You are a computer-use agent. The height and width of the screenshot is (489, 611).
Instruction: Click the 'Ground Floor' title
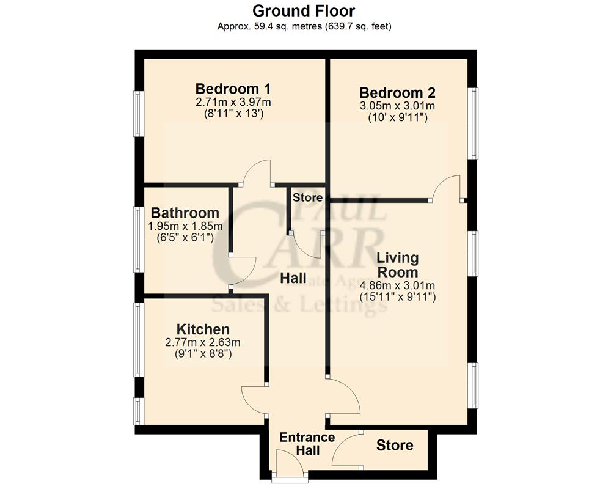click(304, 10)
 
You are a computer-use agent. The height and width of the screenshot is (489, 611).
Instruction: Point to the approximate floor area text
click(304, 26)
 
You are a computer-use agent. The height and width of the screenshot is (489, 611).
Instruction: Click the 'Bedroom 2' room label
click(397, 93)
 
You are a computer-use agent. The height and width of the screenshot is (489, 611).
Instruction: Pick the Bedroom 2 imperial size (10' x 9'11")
click(397, 118)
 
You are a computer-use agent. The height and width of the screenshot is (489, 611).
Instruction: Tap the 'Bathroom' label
click(185, 213)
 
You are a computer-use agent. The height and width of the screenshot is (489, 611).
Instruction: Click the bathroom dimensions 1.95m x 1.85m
click(185, 226)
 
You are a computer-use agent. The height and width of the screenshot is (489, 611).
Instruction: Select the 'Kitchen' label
click(203, 329)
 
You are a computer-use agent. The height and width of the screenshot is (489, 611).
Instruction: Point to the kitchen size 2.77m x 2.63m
click(203, 342)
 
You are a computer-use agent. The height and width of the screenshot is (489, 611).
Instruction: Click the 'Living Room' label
click(397, 265)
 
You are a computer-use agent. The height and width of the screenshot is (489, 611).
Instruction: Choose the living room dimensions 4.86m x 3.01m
click(397, 285)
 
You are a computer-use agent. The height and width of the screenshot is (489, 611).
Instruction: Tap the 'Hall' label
click(293, 278)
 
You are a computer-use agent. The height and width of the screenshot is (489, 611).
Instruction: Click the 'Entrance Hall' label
click(307, 444)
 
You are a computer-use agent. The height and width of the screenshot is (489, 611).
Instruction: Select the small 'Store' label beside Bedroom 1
click(307, 197)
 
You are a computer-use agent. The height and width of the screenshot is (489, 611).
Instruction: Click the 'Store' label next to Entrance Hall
click(394, 446)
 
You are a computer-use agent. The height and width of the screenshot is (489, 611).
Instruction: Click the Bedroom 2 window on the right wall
click(473, 123)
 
